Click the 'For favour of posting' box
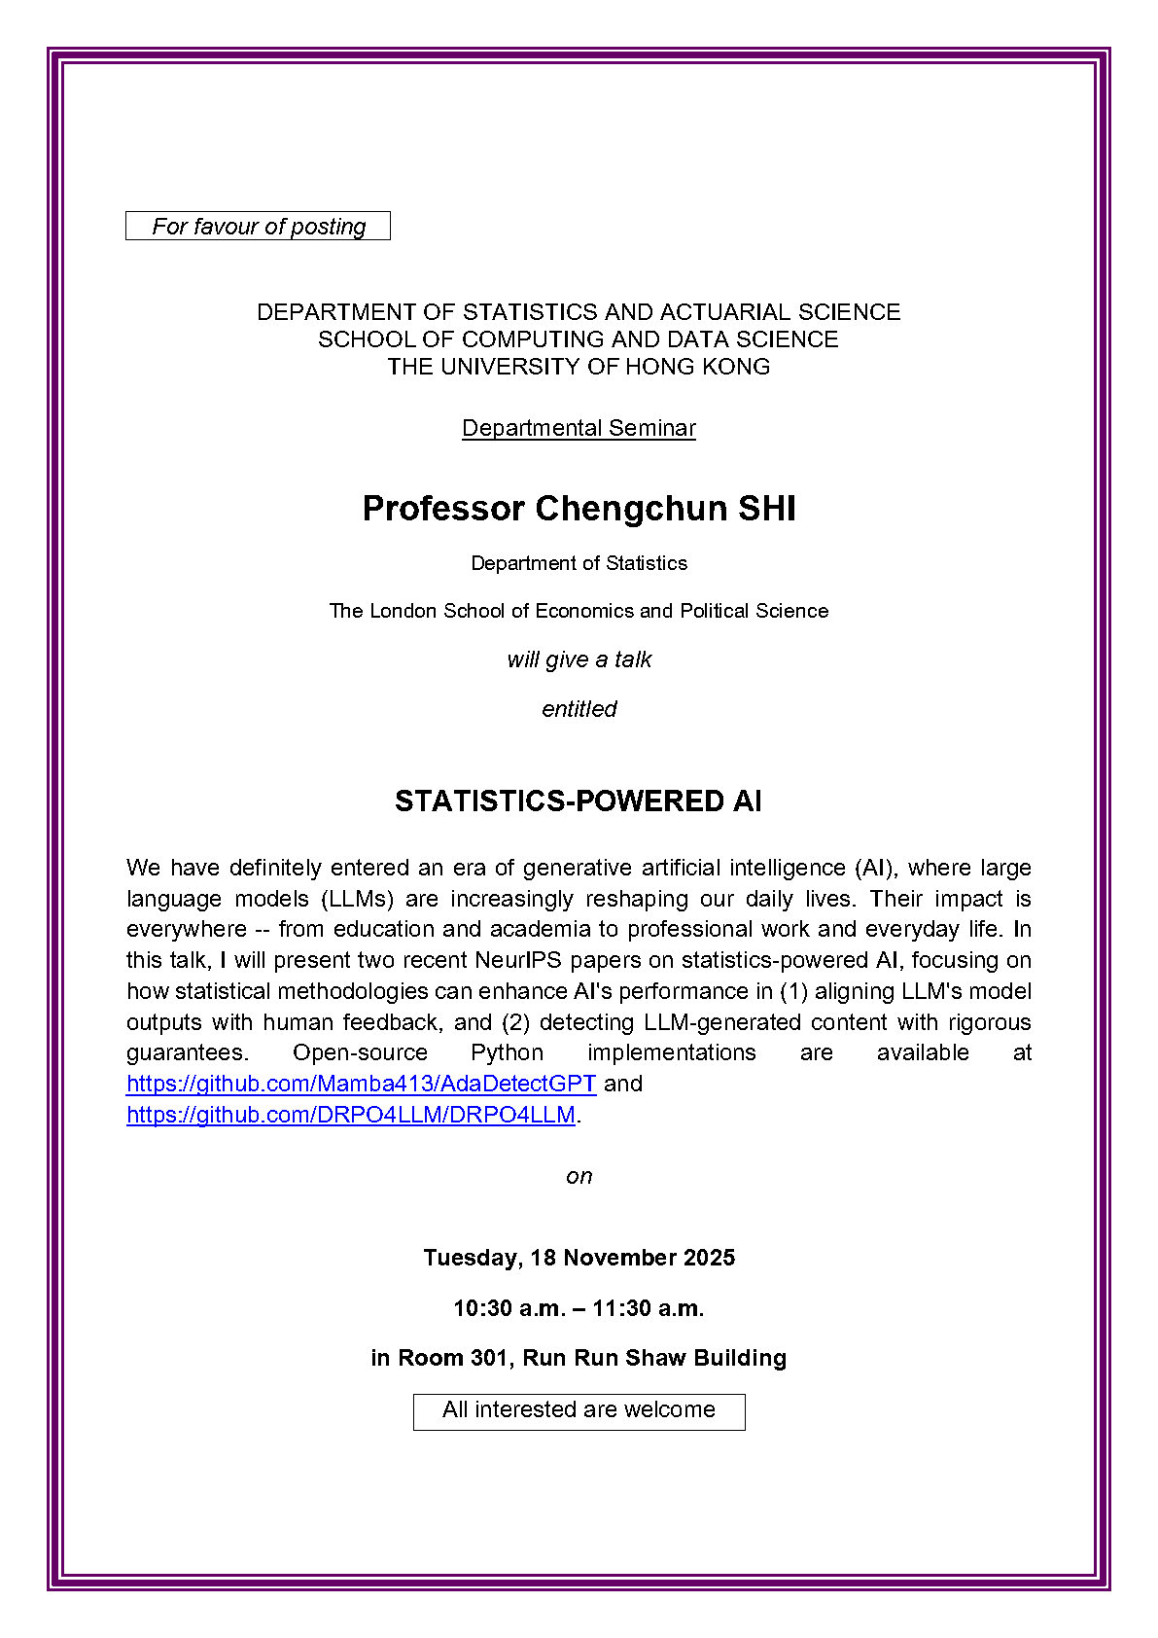click(x=258, y=226)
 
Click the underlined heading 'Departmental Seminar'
click(x=579, y=428)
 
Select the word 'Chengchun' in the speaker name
click(x=630, y=509)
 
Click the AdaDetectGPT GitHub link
click(x=361, y=1084)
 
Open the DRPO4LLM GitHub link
click(x=351, y=1115)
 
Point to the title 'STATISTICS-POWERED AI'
click(x=578, y=801)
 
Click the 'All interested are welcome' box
click(x=579, y=1410)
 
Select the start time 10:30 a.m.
click(x=507, y=1308)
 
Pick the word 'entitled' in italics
click(x=579, y=709)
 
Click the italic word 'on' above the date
click(x=579, y=1176)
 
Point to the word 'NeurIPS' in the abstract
click(x=518, y=960)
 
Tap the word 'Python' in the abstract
click(x=507, y=1052)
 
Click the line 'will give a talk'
click(x=579, y=659)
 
